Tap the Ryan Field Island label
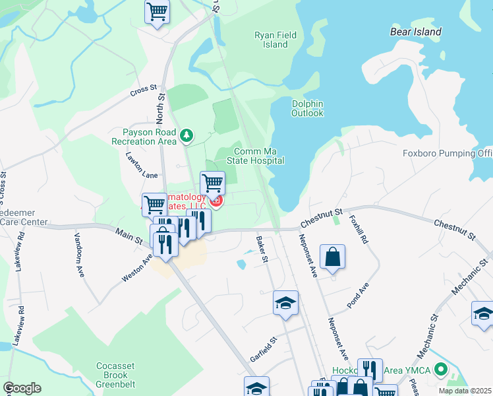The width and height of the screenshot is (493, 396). click(x=275, y=40)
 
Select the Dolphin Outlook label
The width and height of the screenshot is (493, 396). click(x=308, y=108)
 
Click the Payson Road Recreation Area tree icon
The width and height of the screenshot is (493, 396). click(x=187, y=135)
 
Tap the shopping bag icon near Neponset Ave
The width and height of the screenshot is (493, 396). click(x=333, y=257)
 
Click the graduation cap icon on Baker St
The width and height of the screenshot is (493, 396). click(x=285, y=303)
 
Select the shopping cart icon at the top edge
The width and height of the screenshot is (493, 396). click(x=158, y=11)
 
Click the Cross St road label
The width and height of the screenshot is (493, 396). click(x=143, y=88)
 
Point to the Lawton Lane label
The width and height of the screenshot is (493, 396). click(x=143, y=165)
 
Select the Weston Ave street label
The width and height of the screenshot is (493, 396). click(x=137, y=269)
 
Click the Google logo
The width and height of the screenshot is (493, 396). click(x=22, y=388)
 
